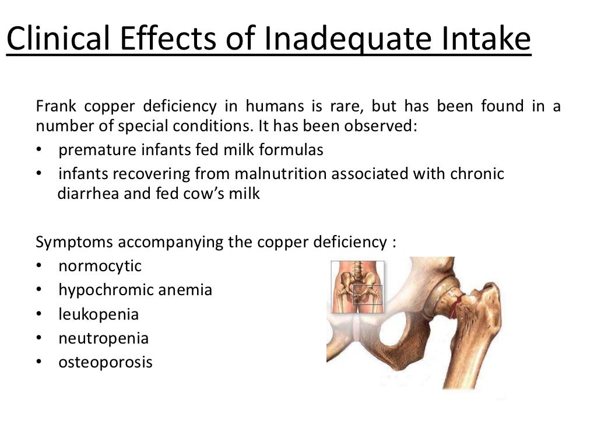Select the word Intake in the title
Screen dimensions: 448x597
(x=484, y=40)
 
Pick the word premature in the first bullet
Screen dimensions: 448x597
(x=97, y=150)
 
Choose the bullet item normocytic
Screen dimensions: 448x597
(x=100, y=266)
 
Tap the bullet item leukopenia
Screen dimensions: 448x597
(x=99, y=314)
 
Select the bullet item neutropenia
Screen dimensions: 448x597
(x=103, y=338)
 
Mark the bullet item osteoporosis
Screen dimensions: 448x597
(x=106, y=362)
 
